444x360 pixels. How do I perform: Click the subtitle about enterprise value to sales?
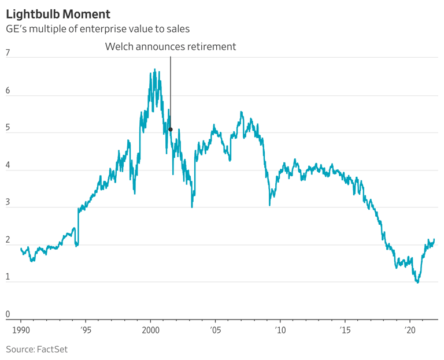[98, 28]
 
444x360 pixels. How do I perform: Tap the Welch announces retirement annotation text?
[171, 47]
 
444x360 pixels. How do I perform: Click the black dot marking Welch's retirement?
[171, 129]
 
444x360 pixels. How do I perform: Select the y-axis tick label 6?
[8, 91]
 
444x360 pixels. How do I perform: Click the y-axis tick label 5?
[8, 128]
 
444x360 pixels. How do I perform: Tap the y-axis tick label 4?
[8, 165]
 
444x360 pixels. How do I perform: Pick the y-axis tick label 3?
[8, 202]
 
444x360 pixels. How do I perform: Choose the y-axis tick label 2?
[8, 240]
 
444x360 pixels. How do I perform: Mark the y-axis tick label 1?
[8, 277]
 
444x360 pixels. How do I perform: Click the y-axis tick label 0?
[8, 314]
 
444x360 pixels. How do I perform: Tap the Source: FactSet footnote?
[37, 349]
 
